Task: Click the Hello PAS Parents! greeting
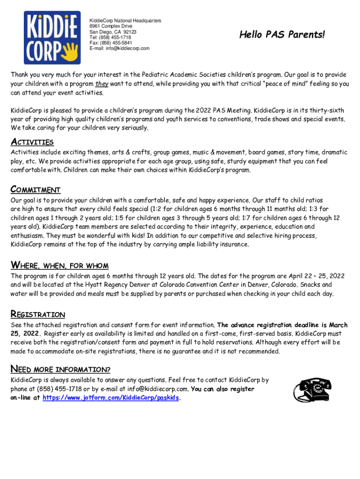coord(281,35)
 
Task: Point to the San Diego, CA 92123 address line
coord(113,32)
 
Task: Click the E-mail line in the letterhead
coord(120,49)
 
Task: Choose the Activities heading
coord(32,142)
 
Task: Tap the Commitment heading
coord(36,190)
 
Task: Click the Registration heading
coord(38,314)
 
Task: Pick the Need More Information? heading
coord(60,370)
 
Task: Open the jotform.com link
coord(111,398)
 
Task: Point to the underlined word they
coord(101,84)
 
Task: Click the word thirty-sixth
coord(327,110)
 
